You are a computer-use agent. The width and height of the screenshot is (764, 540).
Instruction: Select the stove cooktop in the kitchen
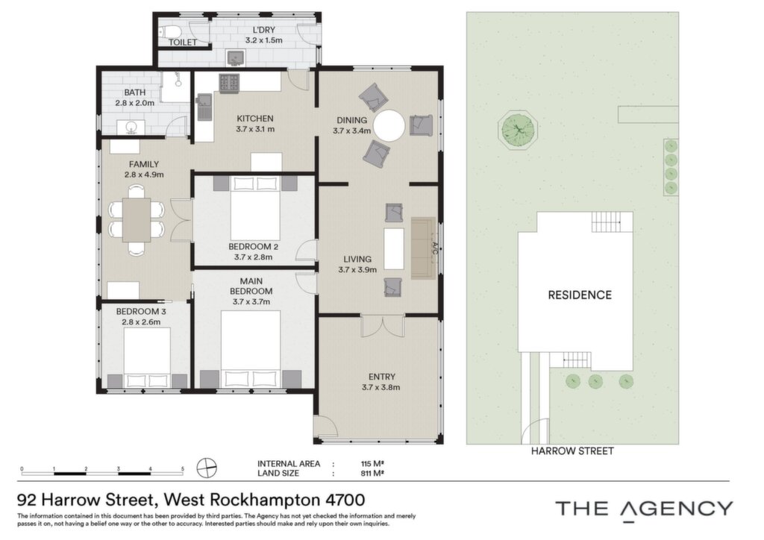[x=228, y=84]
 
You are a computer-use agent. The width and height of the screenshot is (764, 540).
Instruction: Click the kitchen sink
[x=204, y=107]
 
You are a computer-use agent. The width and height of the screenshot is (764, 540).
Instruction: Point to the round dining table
[x=389, y=125]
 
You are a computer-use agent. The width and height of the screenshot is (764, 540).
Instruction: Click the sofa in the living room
[x=423, y=248]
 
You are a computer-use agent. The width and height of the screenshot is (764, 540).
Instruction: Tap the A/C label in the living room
[x=435, y=248]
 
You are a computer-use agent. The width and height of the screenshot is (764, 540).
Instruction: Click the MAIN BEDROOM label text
[x=251, y=286]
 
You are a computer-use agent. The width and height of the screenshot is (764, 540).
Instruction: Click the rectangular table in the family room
[x=137, y=219]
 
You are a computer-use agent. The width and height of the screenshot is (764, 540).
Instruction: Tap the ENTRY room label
[x=382, y=377]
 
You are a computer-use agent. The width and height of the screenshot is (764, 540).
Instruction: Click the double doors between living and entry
[x=383, y=326]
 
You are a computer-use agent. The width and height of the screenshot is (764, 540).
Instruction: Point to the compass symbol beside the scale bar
[x=207, y=468]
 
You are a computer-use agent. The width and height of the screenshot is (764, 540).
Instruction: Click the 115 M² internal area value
[x=372, y=464]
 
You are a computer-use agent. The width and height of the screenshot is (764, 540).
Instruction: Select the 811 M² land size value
[x=372, y=474]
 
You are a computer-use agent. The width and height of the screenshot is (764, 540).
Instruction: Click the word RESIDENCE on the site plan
[x=580, y=295]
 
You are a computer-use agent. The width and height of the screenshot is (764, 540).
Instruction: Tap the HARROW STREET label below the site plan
[x=572, y=451]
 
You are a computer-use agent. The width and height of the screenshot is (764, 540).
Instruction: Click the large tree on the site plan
[x=519, y=130]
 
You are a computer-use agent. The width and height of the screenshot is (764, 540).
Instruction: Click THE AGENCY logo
[x=644, y=510]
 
